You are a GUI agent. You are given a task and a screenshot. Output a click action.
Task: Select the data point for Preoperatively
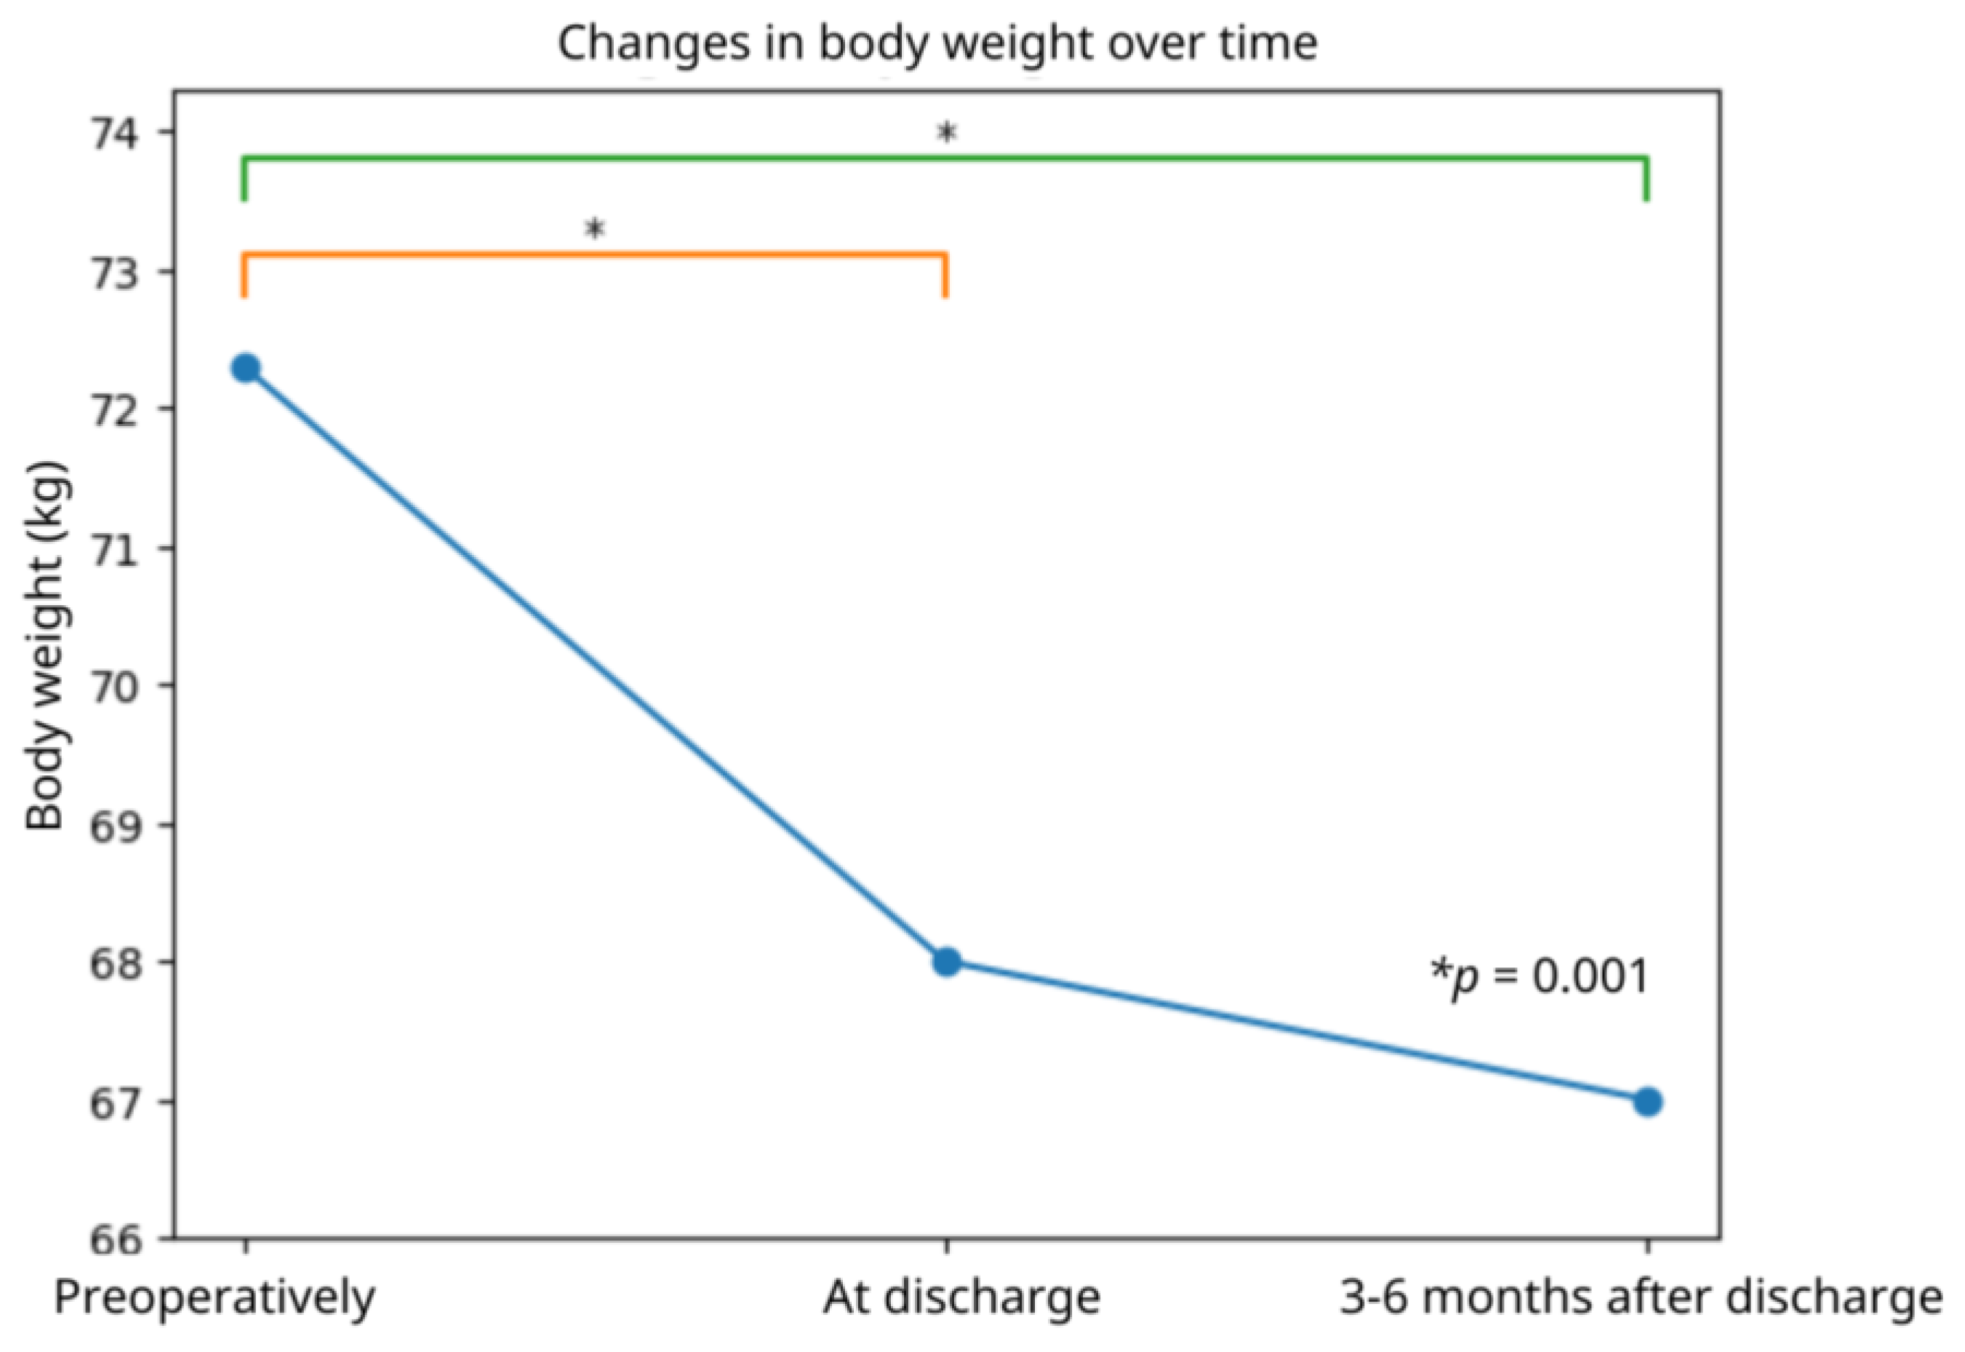tap(246, 369)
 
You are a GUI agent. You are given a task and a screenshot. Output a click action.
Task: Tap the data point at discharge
tap(946, 962)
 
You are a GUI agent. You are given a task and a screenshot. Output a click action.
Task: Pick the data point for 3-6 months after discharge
tap(1647, 1102)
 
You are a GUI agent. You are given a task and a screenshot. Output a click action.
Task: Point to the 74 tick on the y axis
tap(119, 133)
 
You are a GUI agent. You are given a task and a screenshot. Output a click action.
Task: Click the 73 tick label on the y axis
tap(119, 272)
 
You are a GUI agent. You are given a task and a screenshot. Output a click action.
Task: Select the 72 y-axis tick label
tap(119, 409)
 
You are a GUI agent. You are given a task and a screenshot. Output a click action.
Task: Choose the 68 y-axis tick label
tap(119, 962)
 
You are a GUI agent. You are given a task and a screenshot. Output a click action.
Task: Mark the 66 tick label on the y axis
tap(119, 1239)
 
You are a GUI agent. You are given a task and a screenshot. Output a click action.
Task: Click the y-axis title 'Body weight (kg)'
tap(46, 646)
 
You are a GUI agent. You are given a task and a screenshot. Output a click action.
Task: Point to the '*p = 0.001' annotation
tap(1540, 977)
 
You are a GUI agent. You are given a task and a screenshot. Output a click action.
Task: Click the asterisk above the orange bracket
tap(595, 228)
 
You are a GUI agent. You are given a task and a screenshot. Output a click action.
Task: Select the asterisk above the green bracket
tap(946, 132)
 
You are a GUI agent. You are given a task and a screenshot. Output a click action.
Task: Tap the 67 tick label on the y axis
tap(119, 1102)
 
